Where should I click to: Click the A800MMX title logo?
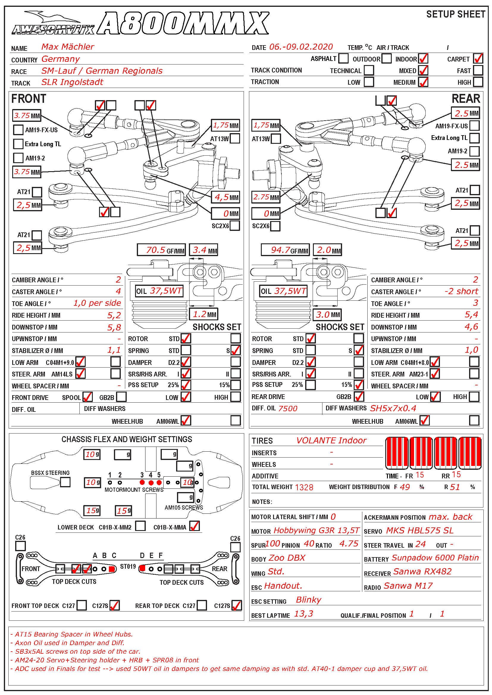(x=183, y=23)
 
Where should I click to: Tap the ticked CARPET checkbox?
(x=478, y=59)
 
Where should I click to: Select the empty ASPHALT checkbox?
(x=343, y=58)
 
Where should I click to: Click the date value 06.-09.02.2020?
(x=301, y=47)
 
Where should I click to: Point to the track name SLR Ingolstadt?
(x=72, y=82)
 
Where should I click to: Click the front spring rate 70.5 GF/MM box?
(x=161, y=250)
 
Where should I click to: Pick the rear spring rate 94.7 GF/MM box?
(x=285, y=250)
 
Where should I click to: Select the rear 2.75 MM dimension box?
(x=266, y=197)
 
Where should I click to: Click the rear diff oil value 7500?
(x=288, y=409)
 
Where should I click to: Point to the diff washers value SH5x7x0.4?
(x=393, y=408)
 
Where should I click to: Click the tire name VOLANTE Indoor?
(x=331, y=440)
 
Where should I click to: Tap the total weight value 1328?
(x=304, y=487)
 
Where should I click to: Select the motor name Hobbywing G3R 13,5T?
(x=316, y=531)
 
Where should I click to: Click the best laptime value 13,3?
(x=304, y=614)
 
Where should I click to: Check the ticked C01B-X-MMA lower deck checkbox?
(x=195, y=526)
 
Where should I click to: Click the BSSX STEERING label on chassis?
(x=50, y=473)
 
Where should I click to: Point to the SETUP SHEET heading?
(x=455, y=14)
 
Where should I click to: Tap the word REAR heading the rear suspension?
(x=466, y=99)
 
